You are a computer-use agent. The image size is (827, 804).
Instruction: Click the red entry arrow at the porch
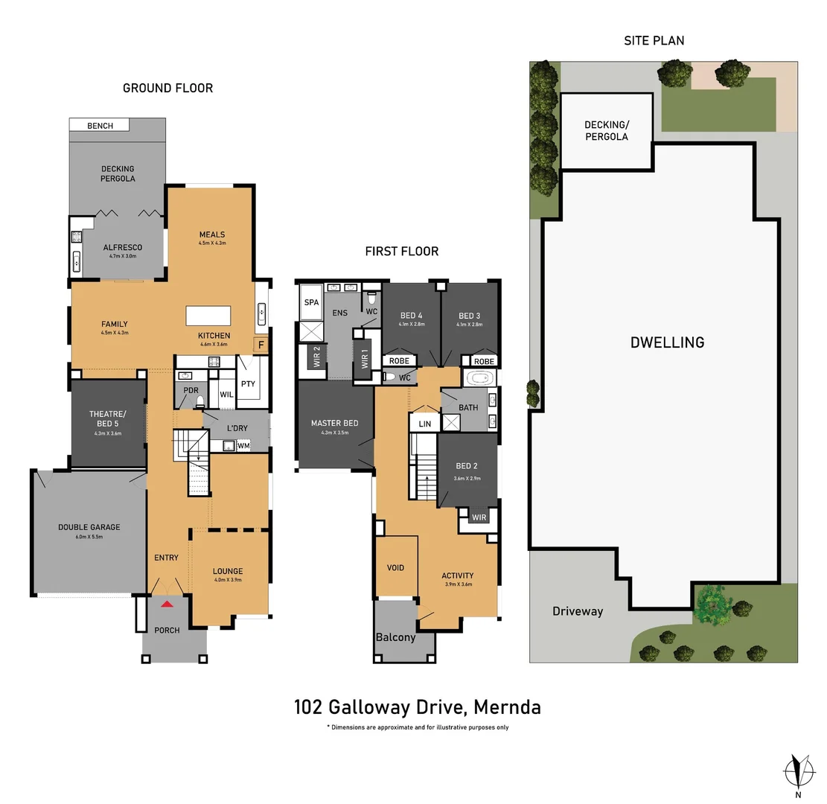coord(167,605)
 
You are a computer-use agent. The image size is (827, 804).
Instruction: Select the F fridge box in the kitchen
coord(261,345)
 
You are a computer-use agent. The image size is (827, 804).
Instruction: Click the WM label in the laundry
coord(243,446)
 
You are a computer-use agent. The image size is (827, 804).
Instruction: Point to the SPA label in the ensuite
coord(310,302)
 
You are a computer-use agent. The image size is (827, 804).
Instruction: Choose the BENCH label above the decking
coord(100,126)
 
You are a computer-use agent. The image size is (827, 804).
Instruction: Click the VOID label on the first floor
coord(395,568)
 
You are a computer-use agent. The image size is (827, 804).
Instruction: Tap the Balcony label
coord(395,637)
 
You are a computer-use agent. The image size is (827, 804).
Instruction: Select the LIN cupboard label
coord(425,424)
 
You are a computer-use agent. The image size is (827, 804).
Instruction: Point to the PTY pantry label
coord(248,383)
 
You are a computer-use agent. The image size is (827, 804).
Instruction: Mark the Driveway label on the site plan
coord(578,611)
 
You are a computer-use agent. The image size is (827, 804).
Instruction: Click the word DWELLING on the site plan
coord(667,342)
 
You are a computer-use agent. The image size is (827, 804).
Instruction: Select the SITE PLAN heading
coord(654,40)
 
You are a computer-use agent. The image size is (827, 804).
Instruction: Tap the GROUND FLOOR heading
coord(167,88)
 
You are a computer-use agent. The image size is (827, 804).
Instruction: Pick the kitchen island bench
coord(208,315)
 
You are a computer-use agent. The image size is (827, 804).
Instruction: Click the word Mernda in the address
coord(505,706)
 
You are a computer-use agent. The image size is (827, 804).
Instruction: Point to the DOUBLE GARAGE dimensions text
coord(89,536)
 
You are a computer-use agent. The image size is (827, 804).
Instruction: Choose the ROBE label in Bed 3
coord(484,361)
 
